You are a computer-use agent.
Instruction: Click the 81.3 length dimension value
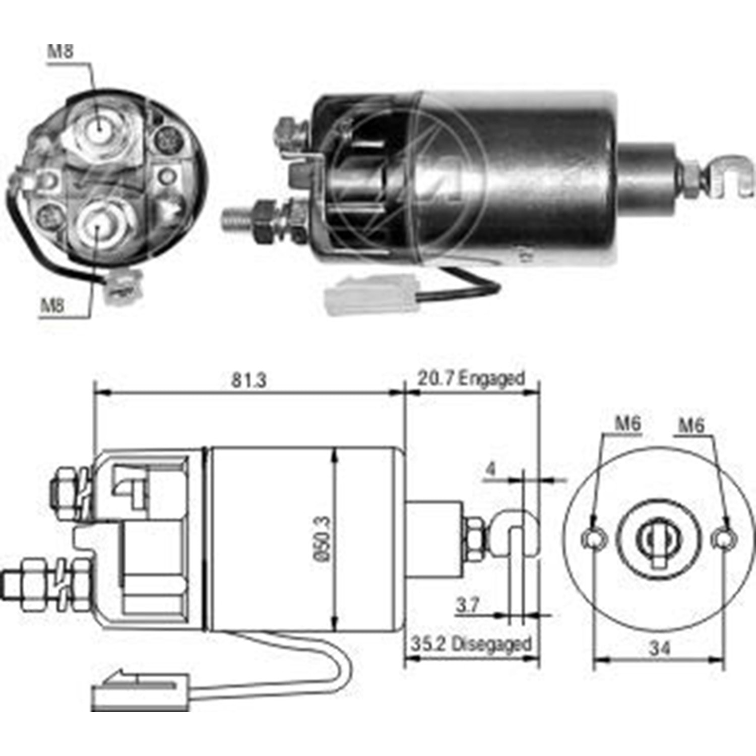click(248, 380)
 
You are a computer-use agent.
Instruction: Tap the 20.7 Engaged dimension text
click(471, 378)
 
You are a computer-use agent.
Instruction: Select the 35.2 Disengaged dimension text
click(471, 644)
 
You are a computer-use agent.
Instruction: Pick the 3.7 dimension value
click(467, 604)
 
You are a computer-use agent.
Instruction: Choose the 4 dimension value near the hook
click(490, 469)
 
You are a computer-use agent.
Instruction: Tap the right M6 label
click(691, 425)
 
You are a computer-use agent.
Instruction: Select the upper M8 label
click(60, 51)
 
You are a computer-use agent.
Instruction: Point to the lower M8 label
click(52, 305)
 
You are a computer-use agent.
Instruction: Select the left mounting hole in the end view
click(593, 538)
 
